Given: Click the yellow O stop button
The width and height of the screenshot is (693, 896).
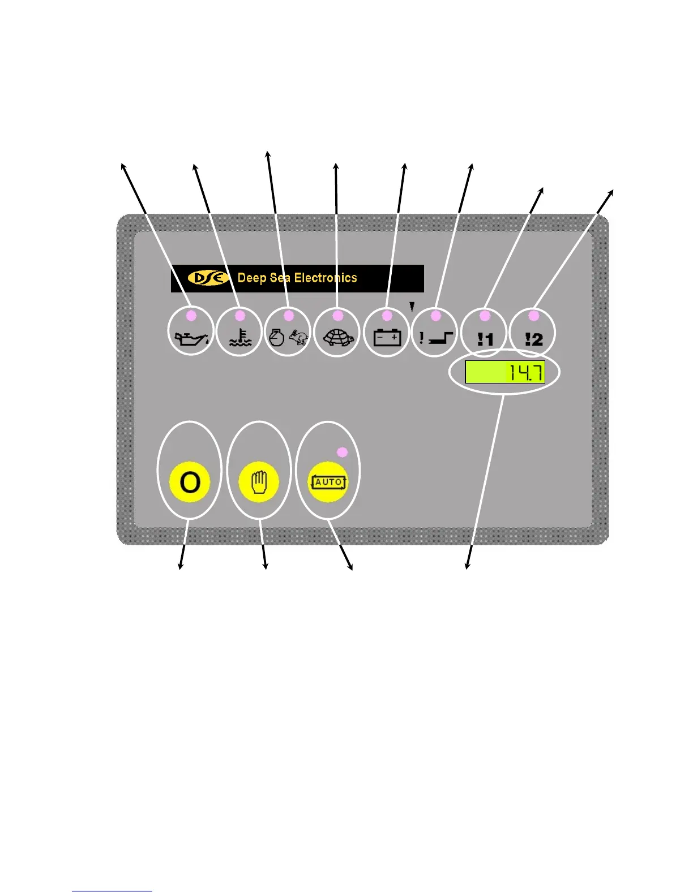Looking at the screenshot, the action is [190, 482].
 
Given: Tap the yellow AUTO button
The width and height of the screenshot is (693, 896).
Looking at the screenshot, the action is [328, 482].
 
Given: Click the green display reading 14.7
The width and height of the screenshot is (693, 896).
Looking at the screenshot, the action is [505, 372].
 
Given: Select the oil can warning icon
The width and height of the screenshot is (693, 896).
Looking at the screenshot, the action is [192, 338].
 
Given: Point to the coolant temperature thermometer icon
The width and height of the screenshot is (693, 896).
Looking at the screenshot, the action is [240, 338].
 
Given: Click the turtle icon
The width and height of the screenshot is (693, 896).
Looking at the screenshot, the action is [338, 338].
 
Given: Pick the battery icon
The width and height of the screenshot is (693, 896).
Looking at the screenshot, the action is [387, 337].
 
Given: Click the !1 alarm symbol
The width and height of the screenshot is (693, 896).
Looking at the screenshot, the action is [485, 339].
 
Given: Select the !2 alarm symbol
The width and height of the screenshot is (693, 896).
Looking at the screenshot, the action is [533, 339].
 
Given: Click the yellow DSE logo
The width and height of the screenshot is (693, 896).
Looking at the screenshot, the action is [208, 278].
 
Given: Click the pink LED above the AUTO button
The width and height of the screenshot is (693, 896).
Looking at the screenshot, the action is [342, 452].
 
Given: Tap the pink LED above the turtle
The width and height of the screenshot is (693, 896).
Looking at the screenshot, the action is [338, 315].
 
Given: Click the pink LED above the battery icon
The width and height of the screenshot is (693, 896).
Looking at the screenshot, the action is [387, 315].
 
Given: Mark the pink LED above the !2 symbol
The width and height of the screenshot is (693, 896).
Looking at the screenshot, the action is [533, 315].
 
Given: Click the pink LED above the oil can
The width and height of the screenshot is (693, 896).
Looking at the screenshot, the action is [191, 315].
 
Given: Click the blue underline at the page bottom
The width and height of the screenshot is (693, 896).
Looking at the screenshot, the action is [112, 891].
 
